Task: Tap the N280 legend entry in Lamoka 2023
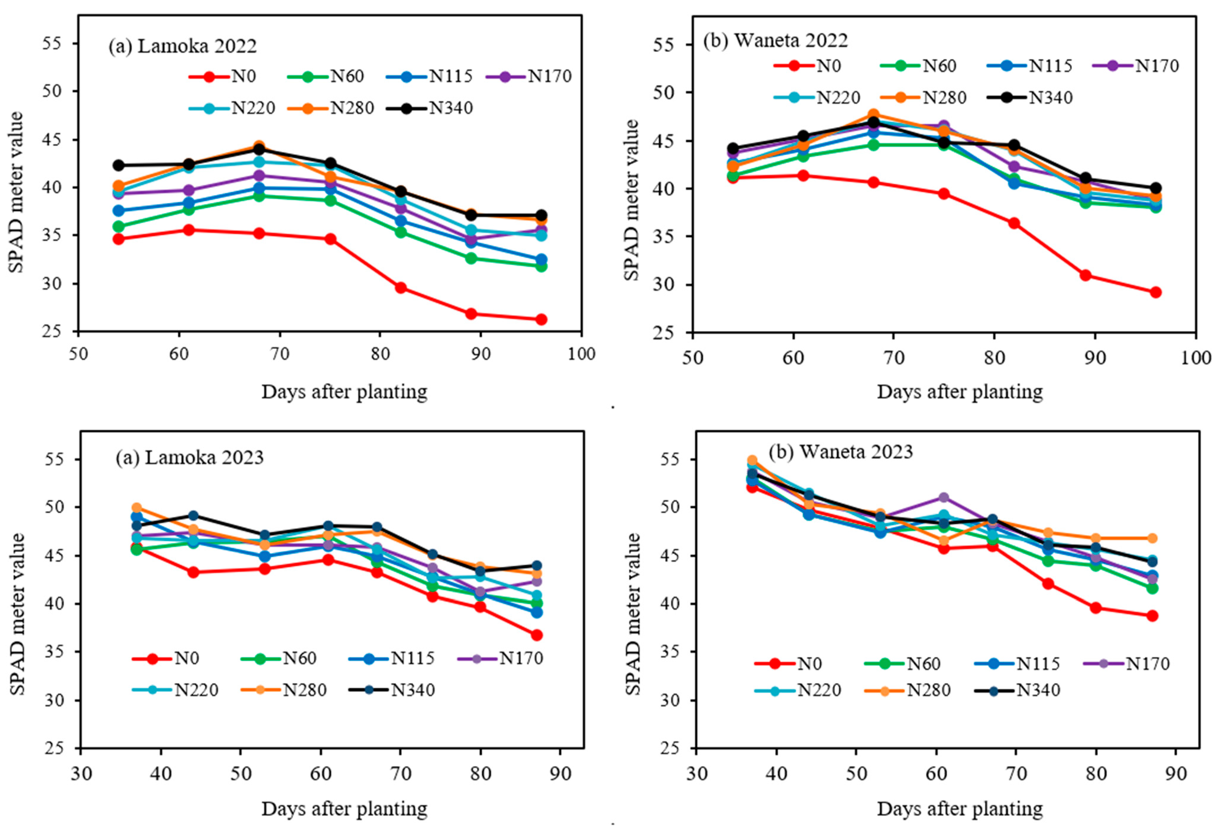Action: tap(282, 690)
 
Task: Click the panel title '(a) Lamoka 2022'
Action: tap(182, 46)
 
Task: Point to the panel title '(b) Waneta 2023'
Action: tap(840, 452)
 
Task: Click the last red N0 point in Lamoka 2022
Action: tap(541, 319)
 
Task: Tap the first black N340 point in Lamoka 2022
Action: tap(119, 165)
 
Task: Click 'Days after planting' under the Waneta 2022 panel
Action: tap(960, 392)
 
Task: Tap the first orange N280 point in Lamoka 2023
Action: tap(136, 508)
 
